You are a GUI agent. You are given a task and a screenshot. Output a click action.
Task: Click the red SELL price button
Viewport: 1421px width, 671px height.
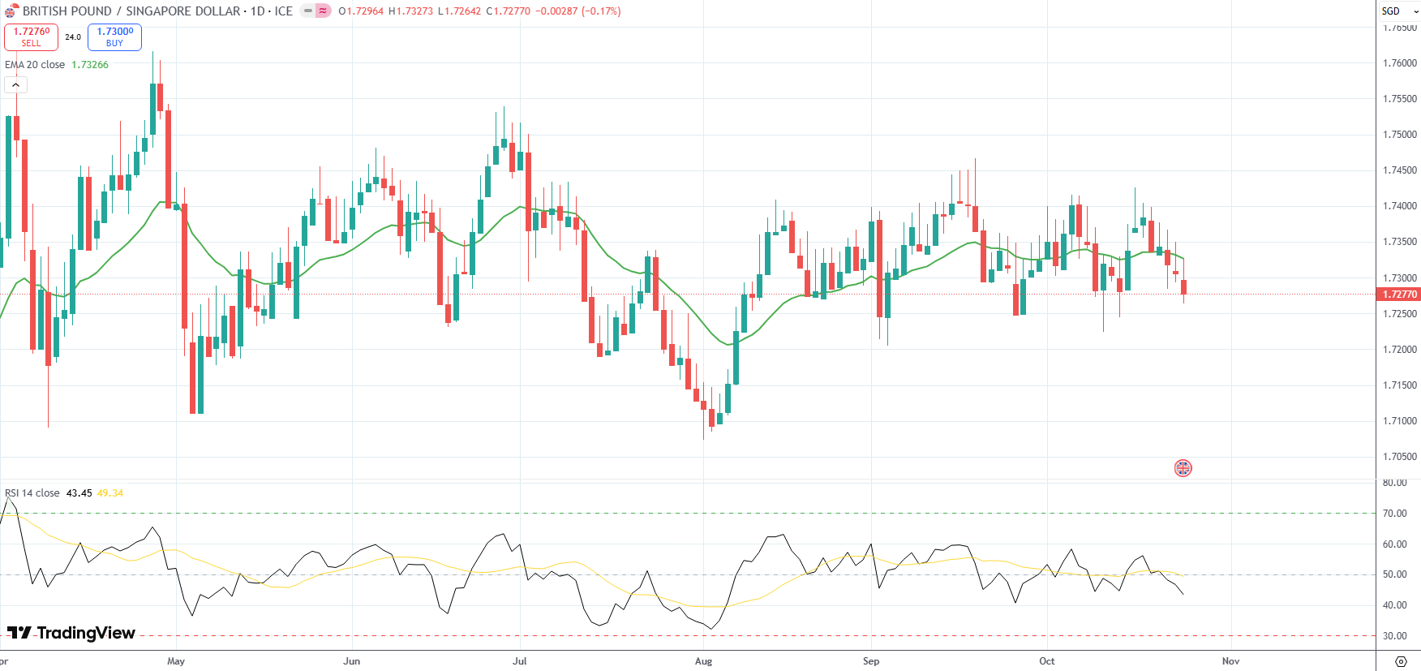pos(31,37)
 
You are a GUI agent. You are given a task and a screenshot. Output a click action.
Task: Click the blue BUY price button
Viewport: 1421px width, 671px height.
pos(114,37)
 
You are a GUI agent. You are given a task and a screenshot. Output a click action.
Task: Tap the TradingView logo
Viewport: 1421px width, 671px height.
pos(71,633)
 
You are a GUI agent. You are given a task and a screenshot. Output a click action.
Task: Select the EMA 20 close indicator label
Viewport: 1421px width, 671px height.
pos(35,65)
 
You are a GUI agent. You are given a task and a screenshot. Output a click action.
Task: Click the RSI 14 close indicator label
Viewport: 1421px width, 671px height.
pos(32,493)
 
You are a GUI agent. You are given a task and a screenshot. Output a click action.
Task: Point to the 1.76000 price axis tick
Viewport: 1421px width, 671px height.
pos(1400,63)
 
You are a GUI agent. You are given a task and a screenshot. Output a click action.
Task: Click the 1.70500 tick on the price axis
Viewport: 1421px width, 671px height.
pos(1400,457)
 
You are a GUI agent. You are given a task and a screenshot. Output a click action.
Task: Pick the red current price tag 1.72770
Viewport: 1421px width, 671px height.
pos(1400,295)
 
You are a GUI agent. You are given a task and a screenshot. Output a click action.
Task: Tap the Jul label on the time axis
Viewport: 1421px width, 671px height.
pos(520,661)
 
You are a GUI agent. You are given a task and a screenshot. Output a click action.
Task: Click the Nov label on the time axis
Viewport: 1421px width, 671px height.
pos(1230,661)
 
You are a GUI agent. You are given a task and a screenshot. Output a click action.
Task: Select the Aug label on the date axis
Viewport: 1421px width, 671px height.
pos(703,661)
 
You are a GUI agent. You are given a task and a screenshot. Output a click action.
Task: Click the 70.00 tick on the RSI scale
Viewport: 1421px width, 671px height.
pos(1395,514)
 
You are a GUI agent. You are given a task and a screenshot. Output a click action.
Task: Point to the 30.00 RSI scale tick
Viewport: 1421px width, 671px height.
pos(1395,636)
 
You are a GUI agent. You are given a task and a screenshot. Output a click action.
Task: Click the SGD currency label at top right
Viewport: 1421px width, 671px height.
pos(1391,11)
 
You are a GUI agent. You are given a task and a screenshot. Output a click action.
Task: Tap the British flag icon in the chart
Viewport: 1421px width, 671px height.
pos(1183,468)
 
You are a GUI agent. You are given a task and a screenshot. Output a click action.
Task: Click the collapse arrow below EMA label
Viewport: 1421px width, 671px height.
pos(15,84)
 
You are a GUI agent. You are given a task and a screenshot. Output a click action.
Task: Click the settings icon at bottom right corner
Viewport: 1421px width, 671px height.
pos(1400,661)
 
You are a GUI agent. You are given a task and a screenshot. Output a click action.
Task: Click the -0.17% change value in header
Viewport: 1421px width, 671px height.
pos(601,11)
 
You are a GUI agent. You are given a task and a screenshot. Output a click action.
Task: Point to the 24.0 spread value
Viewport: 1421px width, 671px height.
pos(73,37)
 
